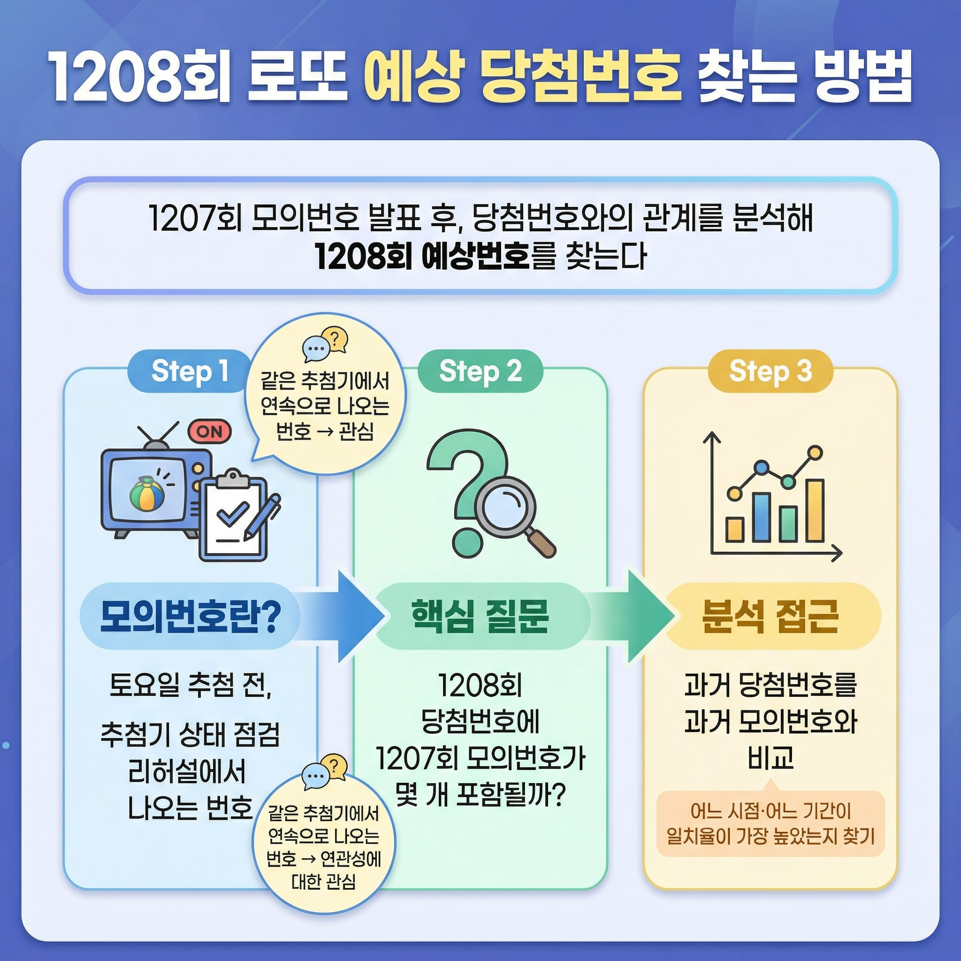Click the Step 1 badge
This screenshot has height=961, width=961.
click(190, 372)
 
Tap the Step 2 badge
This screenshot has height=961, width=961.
click(480, 372)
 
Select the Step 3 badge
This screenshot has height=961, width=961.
click(770, 372)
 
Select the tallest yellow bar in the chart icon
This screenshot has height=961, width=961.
click(815, 510)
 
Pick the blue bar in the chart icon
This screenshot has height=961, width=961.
click(761, 517)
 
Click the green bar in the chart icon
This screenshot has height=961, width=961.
click(788, 523)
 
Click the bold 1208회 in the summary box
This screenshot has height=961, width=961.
click(364, 257)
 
